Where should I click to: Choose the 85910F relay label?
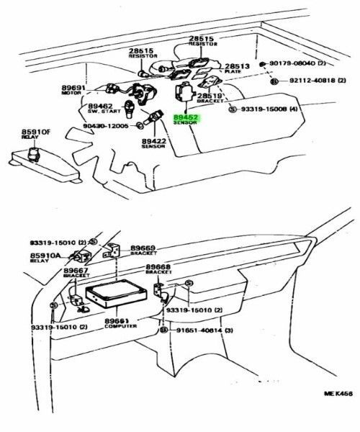[x=35, y=132]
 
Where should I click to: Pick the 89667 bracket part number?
[x=76, y=270]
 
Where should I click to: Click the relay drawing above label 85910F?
[x=32, y=153]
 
